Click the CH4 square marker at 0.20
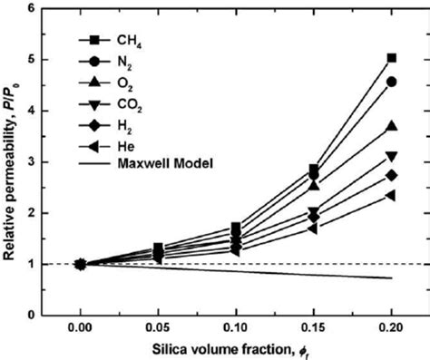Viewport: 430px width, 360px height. (391, 58)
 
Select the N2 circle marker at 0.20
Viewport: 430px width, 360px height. (391, 82)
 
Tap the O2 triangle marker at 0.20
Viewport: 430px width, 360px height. (391, 125)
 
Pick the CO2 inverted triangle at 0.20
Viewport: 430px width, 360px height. (391, 156)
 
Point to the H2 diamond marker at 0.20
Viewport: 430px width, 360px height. (391, 175)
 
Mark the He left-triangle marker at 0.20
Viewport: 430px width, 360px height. (391, 195)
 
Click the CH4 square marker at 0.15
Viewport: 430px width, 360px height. (314, 170)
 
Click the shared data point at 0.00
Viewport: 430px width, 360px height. (81, 264)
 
